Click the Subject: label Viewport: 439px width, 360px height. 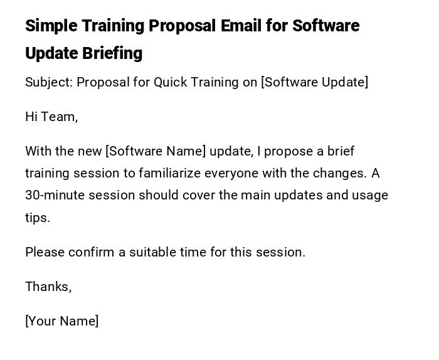click(48, 82)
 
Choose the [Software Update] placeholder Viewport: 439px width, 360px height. click(314, 82)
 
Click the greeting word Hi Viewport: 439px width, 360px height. click(31, 117)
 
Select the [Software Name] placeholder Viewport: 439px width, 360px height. click(156, 151)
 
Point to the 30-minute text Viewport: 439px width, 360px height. click(55, 195)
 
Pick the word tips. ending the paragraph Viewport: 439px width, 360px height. click(38, 218)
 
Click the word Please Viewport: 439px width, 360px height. click(45, 252)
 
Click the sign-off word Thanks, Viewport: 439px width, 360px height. click(48, 287)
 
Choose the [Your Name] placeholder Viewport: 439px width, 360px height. click(61, 321)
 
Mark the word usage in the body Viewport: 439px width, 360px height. click(370, 195)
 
